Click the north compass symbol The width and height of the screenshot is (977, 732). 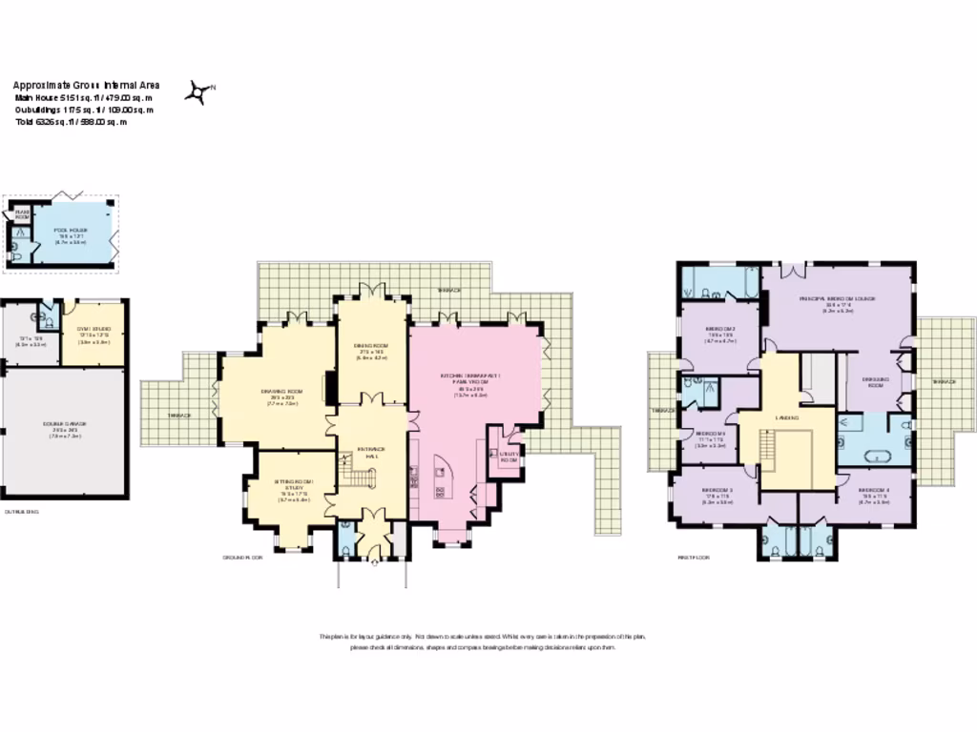pyautogui.click(x=200, y=91)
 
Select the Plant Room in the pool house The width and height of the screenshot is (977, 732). pyautogui.click(x=20, y=215)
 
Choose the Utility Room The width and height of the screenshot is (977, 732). pyautogui.click(x=509, y=456)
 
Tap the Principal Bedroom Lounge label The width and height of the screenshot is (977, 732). pyautogui.click(x=837, y=298)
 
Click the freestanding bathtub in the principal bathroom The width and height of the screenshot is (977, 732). pyautogui.click(x=875, y=457)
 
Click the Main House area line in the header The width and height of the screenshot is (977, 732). pyautogui.click(x=83, y=97)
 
